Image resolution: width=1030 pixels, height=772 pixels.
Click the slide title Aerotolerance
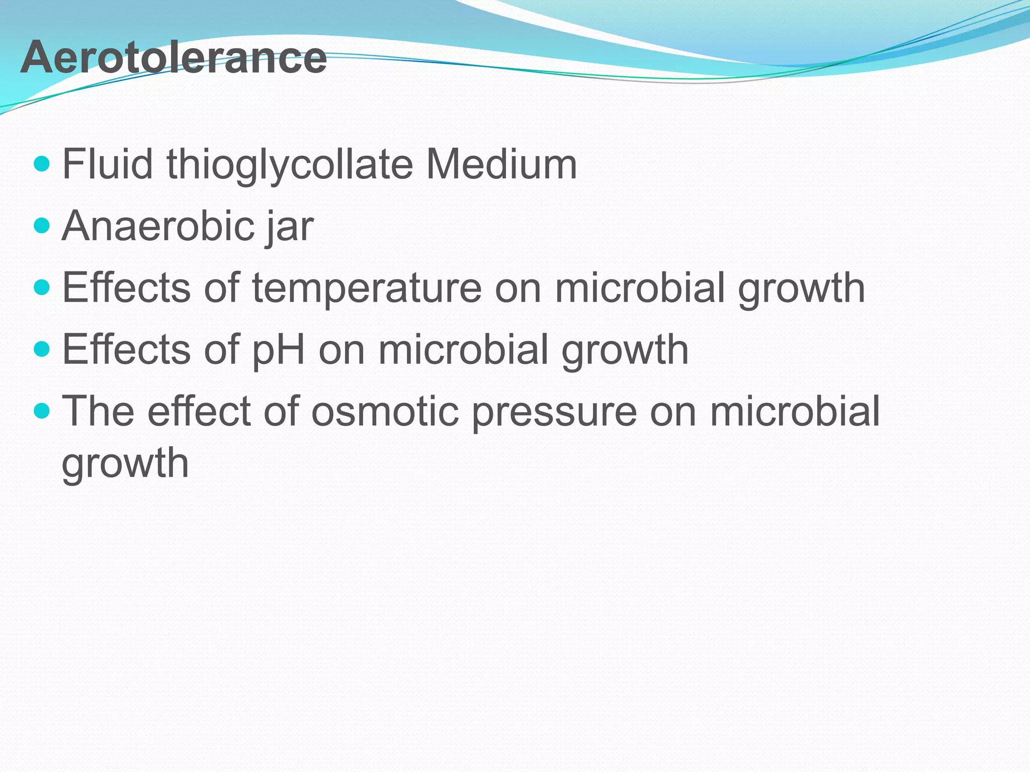174,58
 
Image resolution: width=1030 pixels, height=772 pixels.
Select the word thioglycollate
289,165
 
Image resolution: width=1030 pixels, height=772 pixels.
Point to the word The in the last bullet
98,411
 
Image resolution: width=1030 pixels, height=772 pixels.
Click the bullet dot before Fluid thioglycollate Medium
42,164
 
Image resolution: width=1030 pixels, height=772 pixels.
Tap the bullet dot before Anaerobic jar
42,226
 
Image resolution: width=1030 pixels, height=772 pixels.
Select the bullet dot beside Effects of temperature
42,287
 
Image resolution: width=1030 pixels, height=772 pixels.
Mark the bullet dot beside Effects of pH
42,349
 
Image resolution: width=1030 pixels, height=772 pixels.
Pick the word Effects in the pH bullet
126,349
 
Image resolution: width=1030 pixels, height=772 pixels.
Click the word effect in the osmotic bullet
199,411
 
